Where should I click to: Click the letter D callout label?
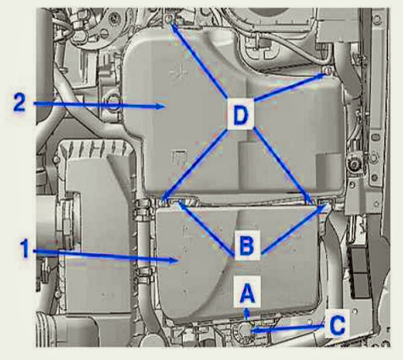240,114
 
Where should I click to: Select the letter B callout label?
246,245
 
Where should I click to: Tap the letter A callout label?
247,292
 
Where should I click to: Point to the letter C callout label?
337,325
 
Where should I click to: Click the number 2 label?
19,102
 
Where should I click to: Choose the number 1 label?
25,248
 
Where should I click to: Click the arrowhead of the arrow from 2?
160,106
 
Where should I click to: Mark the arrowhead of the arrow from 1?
175,260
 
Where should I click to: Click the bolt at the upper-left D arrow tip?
170,19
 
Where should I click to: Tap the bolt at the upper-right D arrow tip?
328,70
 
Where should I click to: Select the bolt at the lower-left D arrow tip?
163,202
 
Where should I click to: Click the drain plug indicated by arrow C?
245,330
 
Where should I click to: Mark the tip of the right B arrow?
327,206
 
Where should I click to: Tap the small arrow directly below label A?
247,313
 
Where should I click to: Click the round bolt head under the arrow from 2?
113,103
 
